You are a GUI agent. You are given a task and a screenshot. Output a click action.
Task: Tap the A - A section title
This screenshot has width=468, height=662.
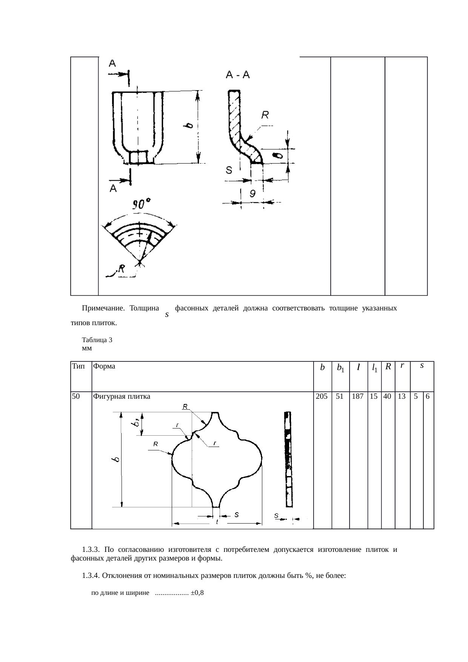coord(238,75)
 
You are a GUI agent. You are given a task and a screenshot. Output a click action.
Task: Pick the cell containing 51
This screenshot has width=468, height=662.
coord(340,396)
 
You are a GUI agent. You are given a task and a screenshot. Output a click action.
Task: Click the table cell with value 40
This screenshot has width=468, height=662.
coord(387,396)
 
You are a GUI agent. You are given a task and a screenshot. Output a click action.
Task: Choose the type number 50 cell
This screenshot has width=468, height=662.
coord(76,396)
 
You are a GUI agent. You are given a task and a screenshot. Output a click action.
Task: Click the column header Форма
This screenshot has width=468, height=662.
coord(104,366)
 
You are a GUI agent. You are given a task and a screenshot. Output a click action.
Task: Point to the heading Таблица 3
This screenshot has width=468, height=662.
coord(97,340)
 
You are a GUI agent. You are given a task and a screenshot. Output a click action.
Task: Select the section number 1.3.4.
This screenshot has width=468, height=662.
coord(91,576)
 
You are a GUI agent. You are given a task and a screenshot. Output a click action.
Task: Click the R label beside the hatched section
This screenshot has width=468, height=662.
coord(266,114)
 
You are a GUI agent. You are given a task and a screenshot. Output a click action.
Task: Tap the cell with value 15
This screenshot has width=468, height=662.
coord(374,396)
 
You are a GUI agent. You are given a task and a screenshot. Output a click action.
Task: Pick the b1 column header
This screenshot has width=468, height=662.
coord(340,367)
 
